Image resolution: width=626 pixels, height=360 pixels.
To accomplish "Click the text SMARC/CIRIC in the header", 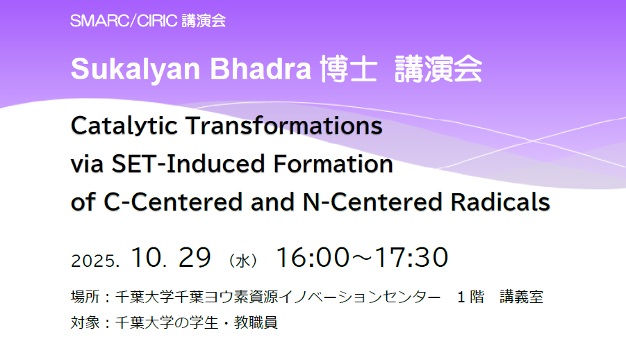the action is (124, 21).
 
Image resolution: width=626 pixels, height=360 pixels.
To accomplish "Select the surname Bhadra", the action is (261, 69).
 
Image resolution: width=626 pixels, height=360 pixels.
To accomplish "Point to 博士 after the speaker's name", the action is (349, 69).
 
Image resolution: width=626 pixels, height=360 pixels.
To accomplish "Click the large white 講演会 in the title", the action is (438, 69).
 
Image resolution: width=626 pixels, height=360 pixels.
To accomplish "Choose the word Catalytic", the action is (124, 126).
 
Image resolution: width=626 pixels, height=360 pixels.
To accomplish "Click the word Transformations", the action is (284, 126).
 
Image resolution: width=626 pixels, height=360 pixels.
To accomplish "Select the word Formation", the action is (333, 164).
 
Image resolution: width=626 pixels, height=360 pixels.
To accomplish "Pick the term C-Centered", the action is (173, 202).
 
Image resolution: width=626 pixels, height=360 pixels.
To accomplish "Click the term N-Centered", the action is (372, 202).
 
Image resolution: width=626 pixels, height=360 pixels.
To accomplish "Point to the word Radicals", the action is (500, 202).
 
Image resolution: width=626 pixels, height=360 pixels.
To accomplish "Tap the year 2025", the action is (95, 261).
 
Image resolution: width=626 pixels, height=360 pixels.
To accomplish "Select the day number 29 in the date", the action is (195, 257).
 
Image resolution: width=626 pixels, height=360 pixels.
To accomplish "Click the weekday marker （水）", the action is (242, 261).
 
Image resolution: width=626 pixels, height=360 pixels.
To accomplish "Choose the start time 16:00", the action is (313, 257).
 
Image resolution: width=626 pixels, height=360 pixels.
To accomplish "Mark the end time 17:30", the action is (411, 257).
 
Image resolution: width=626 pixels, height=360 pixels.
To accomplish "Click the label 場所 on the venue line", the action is (85, 297).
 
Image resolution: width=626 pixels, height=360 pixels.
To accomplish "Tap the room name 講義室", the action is (521, 297).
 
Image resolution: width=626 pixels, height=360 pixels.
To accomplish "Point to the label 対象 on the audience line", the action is (85, 322).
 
